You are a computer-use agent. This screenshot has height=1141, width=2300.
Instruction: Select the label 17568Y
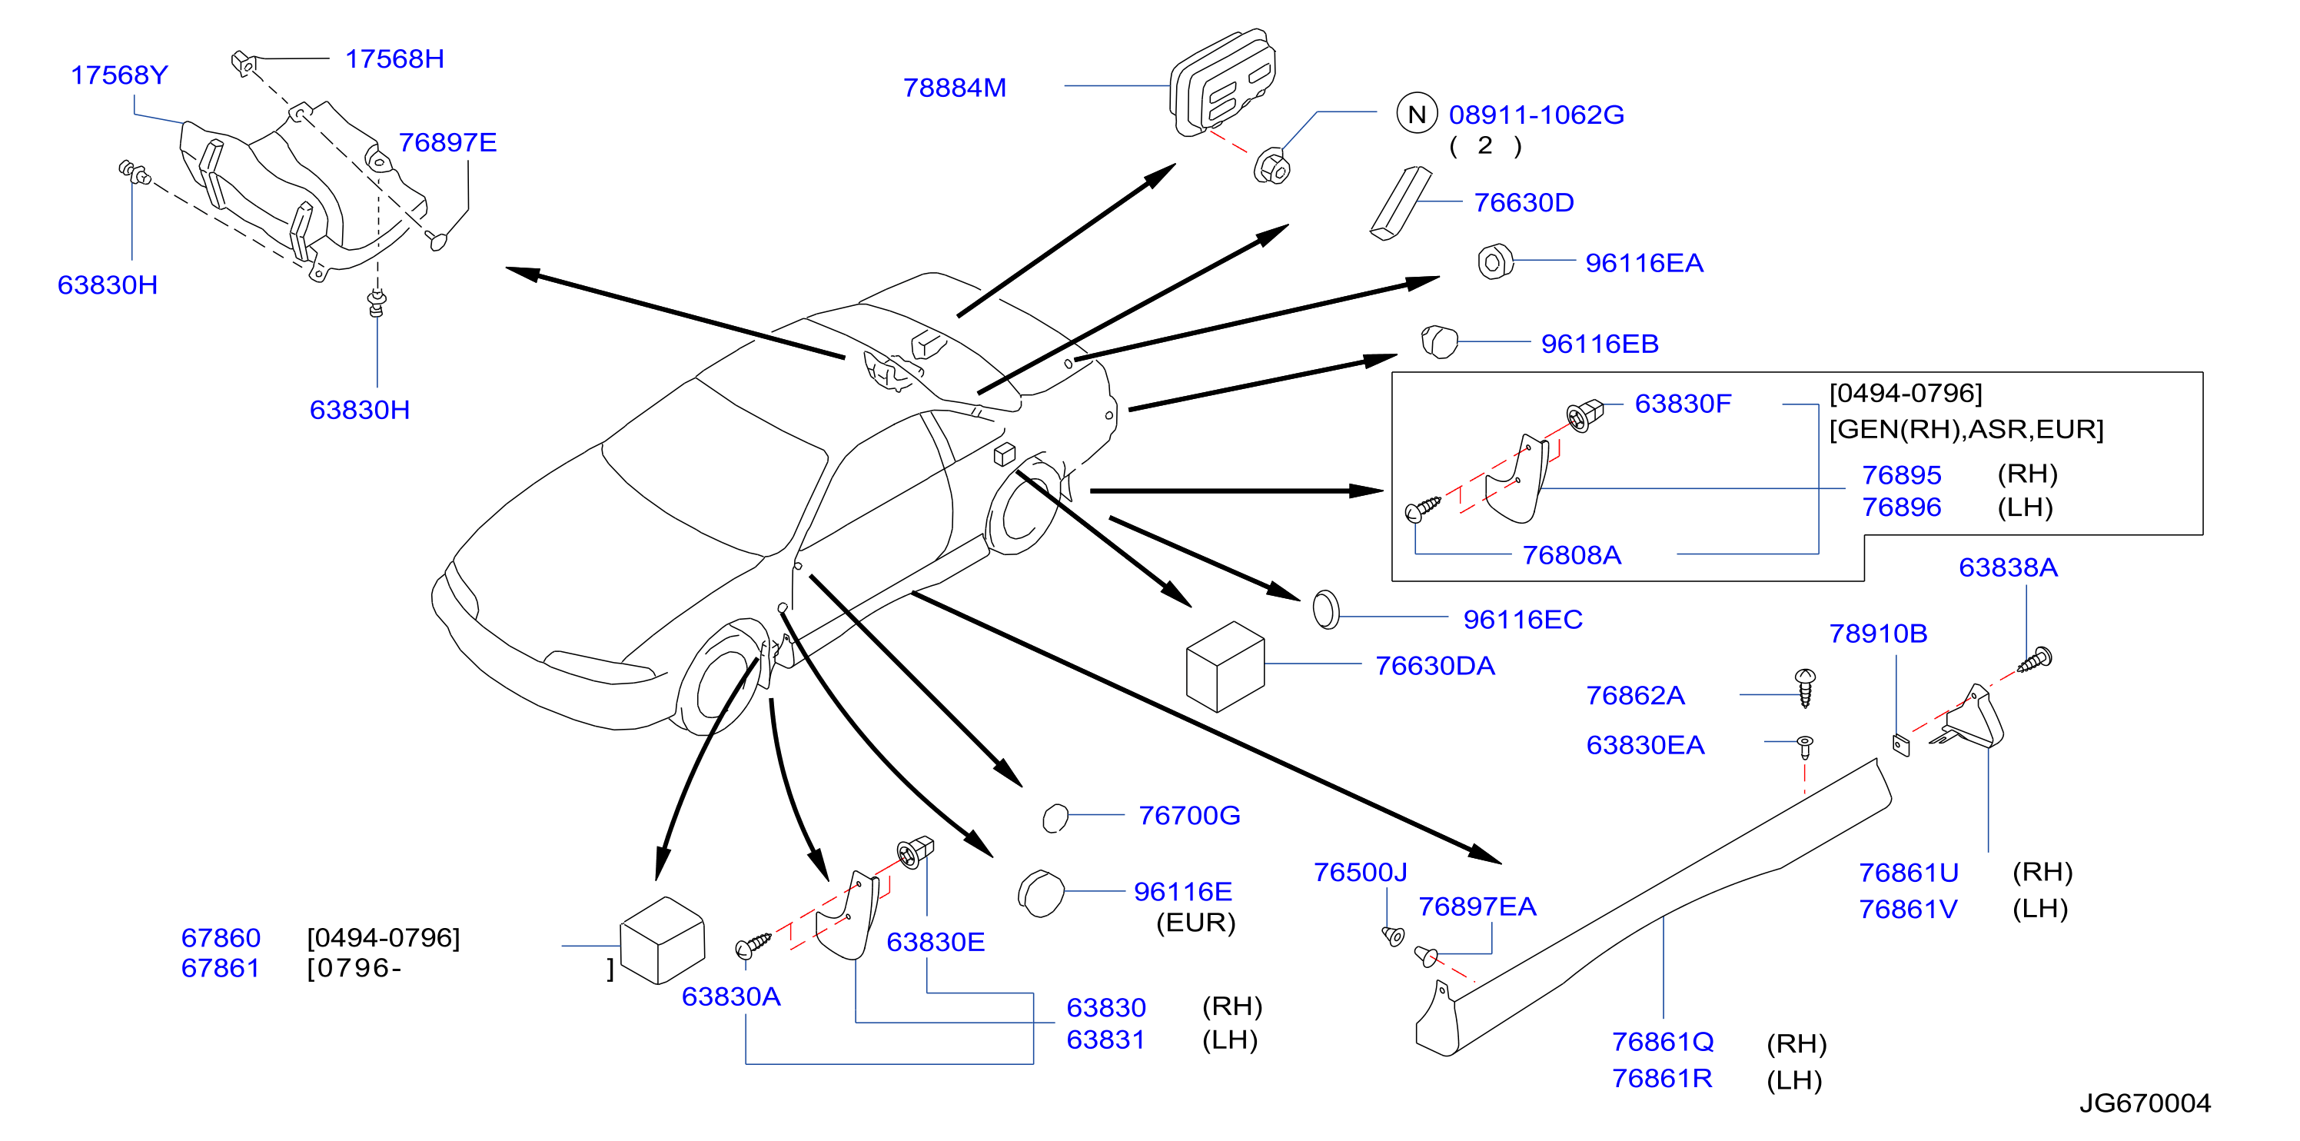(120, 75)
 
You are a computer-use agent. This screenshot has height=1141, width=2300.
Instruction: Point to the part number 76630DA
(1435, 665)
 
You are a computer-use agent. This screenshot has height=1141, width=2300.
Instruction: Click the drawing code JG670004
(2145, 1103)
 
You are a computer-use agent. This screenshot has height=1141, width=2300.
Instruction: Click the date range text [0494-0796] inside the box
(1906, 393)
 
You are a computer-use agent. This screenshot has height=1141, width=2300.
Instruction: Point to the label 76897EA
(1477, 906)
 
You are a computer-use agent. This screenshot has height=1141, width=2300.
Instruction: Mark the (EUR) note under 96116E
(1195, 923)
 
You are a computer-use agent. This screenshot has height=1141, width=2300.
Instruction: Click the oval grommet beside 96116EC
(1326, 610)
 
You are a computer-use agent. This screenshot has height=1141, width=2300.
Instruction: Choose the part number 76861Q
(1663, 1041)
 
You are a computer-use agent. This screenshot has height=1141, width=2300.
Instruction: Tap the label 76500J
(1360, 871)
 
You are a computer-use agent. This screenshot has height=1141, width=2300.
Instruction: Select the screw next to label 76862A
(1804, 687)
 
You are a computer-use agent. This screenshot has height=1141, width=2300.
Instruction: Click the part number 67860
(221, 937)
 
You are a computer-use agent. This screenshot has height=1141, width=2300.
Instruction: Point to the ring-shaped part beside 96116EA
(1495, 261)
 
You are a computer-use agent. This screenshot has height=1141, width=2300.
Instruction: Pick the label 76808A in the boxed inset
(1571, 554)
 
